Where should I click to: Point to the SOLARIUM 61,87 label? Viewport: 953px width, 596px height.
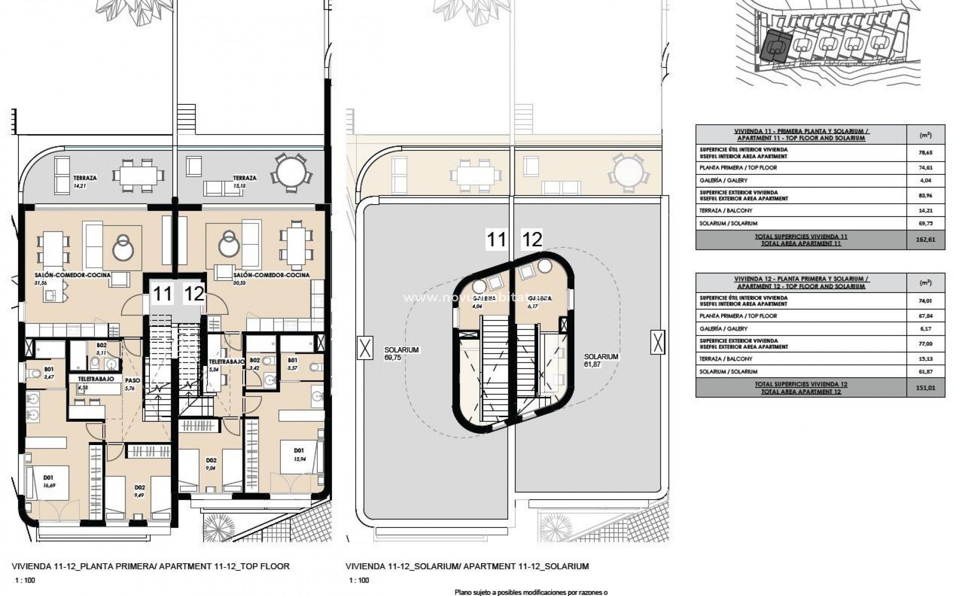click(601, 361)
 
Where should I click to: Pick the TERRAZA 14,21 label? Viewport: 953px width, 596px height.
click(85, 182)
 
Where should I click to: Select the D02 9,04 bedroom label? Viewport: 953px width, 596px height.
click(210, 463)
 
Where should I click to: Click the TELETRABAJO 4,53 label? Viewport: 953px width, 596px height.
click(96, 382)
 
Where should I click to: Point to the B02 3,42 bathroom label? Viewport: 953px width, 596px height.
click(255, 364)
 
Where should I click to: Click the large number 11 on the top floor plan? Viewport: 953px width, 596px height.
click(162, 294)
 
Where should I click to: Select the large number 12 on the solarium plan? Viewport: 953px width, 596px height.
click(532, 240)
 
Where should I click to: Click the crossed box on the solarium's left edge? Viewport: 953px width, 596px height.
click(365, 348)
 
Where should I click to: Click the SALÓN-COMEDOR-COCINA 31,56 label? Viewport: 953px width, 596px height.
click(72, 278)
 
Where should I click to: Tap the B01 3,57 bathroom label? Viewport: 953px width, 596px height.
click(292, 364)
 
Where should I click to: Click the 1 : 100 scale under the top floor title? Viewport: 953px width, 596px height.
click(25, 580)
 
